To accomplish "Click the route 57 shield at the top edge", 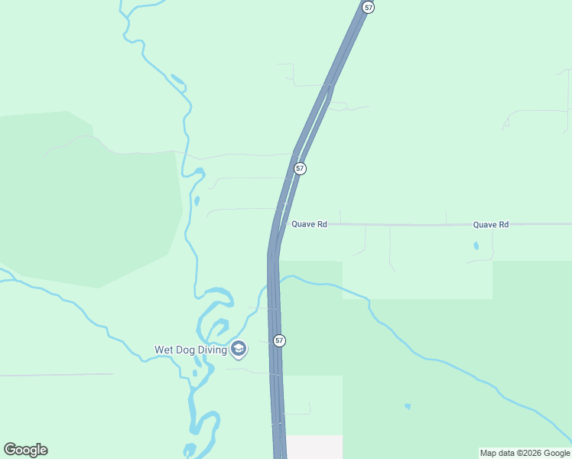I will [x=369, y=7].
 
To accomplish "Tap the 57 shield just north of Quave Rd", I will [x=300, y=168].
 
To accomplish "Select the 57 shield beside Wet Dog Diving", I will [x=279, y=340].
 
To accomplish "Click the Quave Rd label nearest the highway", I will [x=309, y=224].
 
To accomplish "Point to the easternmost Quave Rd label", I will [x=490, y=225].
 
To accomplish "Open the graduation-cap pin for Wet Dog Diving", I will [x=239, y=350].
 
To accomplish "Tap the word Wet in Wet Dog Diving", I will [x=164, y=350].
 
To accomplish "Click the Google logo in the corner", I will [x=25, y=450].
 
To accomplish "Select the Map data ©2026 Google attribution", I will [x=525, y=453].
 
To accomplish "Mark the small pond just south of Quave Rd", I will [x=476, y=246].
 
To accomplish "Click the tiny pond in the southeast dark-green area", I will [x=408, y=406].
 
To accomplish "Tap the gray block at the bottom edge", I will [x=314, y=447].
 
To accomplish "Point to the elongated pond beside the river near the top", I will [x=177, y=79].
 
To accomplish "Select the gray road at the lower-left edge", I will [x=54, y=375].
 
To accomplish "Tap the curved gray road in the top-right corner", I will [x=535, y=112].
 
